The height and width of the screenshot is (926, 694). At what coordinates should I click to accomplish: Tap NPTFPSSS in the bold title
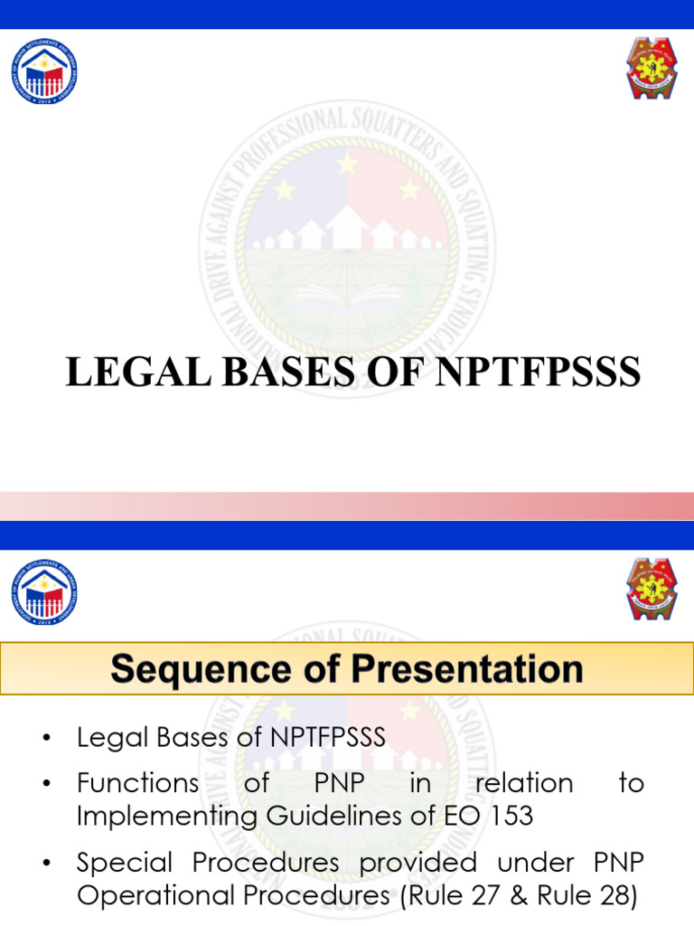point(539,372)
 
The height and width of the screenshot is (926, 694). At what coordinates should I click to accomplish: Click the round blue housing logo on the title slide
point(43,71)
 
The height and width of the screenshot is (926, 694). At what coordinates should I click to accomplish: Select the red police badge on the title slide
point(652,69)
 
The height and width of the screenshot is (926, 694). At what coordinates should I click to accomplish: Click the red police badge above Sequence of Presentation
point(652,590)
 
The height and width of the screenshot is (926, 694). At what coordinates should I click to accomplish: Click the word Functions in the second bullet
point(137,783)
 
